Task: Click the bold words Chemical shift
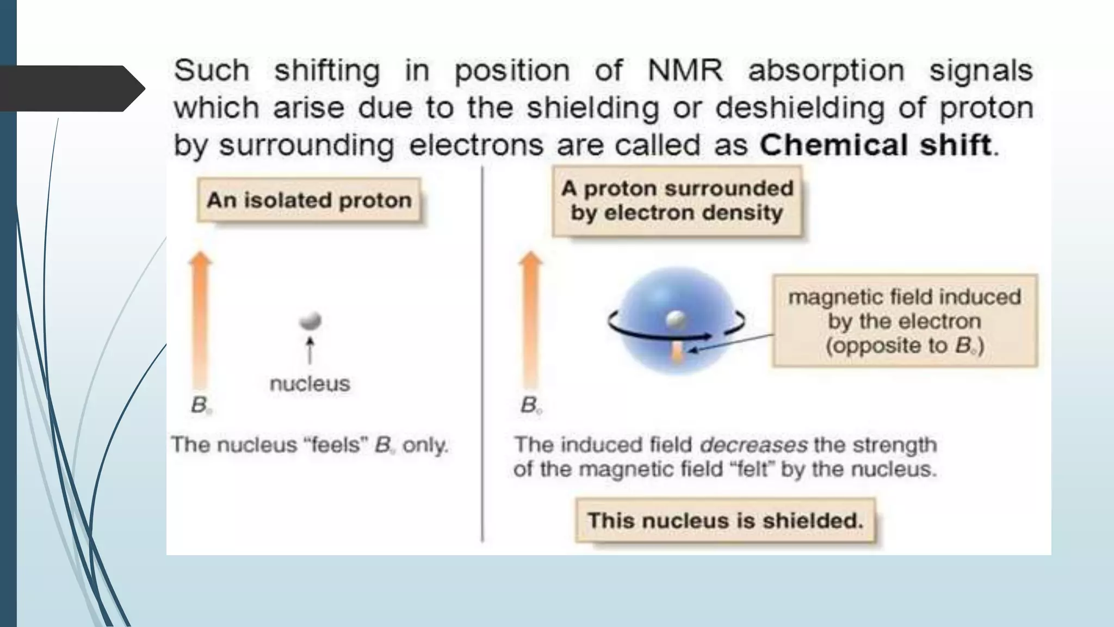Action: (x=876, y=145)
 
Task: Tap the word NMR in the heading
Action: (x=685, y=71)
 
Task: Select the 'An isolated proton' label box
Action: (x=309, y=200)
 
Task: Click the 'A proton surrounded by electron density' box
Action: (x=677, y=201)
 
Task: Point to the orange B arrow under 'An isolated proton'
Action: (x=200, y=321)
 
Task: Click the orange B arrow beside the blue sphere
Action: (x=530, y=321)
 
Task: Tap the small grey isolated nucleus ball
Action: (x=311, y=321)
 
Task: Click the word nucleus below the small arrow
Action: (x=310, y=384)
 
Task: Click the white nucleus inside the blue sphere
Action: (x=676, y=319)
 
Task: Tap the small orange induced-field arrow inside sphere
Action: (x=677, y=352)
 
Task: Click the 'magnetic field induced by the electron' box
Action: (x=905, y=321)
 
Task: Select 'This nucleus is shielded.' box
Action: (x=725, y=521)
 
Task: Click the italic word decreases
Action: (x=753, y=445)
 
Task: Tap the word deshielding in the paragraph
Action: (x=800, y=108)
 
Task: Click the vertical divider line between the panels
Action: (x=482, y=354)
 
